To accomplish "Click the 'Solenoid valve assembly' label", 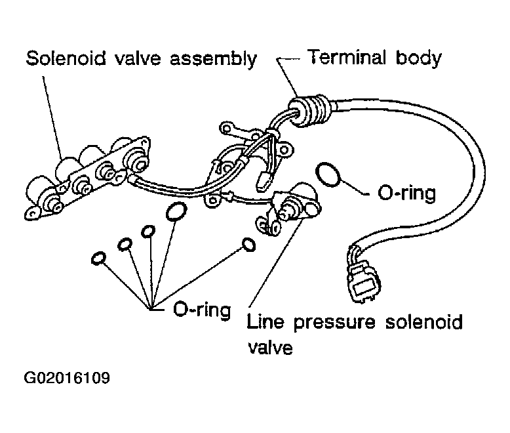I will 140,58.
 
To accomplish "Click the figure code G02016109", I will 67,379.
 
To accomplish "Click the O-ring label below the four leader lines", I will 201,308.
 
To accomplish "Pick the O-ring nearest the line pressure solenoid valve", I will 249,245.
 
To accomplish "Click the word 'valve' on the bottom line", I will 269,346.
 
